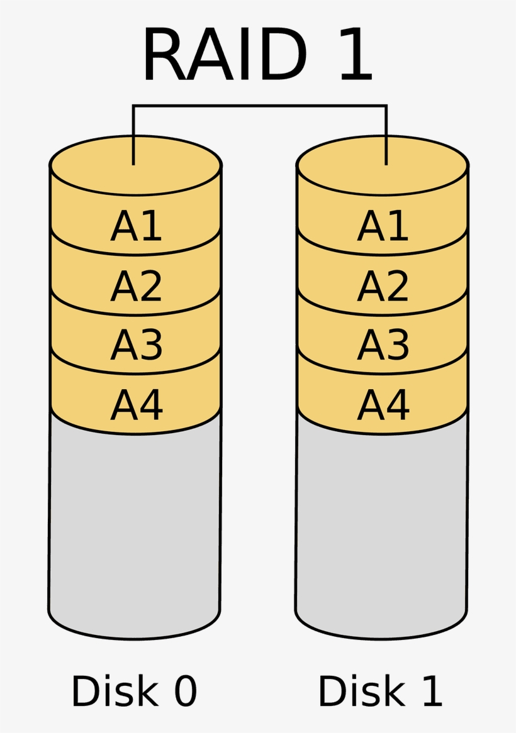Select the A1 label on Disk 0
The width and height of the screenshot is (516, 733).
click(x=137, y=226)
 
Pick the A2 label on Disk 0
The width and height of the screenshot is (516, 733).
click(x=137, y=287)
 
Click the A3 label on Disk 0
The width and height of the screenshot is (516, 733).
click(x=137, y=345)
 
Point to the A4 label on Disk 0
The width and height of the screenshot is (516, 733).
click(x=137, y=404)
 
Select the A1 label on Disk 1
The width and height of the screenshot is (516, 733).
click(x=383, y=226)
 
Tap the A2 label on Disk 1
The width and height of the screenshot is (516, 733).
click(x=383, y=287)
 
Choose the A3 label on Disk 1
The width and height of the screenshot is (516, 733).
click(x=383, y=345)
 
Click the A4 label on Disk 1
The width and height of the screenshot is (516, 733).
click(x=383, y=404)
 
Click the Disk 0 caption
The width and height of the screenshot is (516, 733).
click(x=134, y=692)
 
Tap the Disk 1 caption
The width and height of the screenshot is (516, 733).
click(x=381, y=692)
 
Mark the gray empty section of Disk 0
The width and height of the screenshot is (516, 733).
click(x=135, y=528)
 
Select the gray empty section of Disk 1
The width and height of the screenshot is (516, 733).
click(x=382, y=528)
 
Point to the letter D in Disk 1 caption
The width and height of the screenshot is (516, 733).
click(x=332, y=692)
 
